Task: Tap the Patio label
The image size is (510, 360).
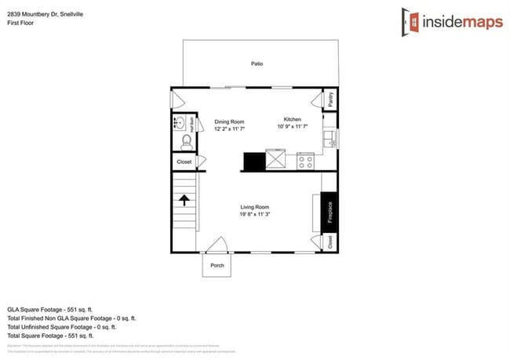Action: coord(257,64)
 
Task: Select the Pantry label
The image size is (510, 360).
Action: coord(330,100)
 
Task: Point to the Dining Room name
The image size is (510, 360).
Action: coord(230,122)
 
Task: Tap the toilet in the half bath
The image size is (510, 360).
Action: coord(186,141)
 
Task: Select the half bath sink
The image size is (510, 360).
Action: coord(180,123)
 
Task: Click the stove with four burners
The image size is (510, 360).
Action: coord(305,161)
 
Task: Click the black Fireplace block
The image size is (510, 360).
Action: coord(330,212)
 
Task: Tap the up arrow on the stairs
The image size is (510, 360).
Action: coord(185,200)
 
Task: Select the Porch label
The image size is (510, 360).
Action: coord(217,266)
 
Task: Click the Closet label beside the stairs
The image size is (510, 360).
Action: coord(184,162)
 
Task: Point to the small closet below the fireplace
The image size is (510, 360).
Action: coord(330,242)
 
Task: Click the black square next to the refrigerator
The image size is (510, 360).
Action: coord(254,161)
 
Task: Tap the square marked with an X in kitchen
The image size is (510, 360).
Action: coord(277,161)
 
